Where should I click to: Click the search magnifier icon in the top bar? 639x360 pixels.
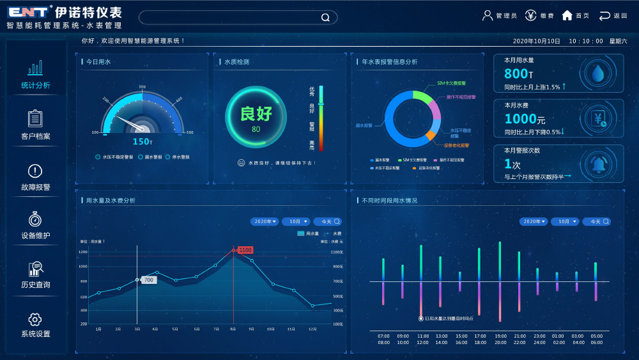click(x=325, y=17)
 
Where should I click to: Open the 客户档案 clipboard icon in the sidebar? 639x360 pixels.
click(x=35, y=118)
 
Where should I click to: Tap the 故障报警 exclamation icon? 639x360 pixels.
click(x=35, y=171)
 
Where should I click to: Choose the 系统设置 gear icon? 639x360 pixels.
click(x=35, y=319)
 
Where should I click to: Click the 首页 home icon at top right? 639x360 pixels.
click(x=567, y=15)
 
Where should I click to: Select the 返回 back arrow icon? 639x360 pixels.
click(x=604, y=15)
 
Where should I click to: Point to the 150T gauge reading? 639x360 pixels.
click(x=142, y=141)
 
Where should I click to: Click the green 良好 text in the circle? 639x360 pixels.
click(x=256, y=114)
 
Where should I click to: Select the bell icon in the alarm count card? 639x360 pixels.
click(x=599, y=164)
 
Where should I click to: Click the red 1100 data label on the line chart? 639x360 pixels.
click(x=245, y=250)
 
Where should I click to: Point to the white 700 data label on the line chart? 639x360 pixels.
click(x=148, y=280)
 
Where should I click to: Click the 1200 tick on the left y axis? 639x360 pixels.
click(x=83, y=252)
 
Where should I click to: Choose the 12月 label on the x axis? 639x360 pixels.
click(x=312, y=329)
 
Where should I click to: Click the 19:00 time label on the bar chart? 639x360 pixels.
click(x=500, y=336)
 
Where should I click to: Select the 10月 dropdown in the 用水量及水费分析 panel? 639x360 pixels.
click(x=296, y=221)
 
